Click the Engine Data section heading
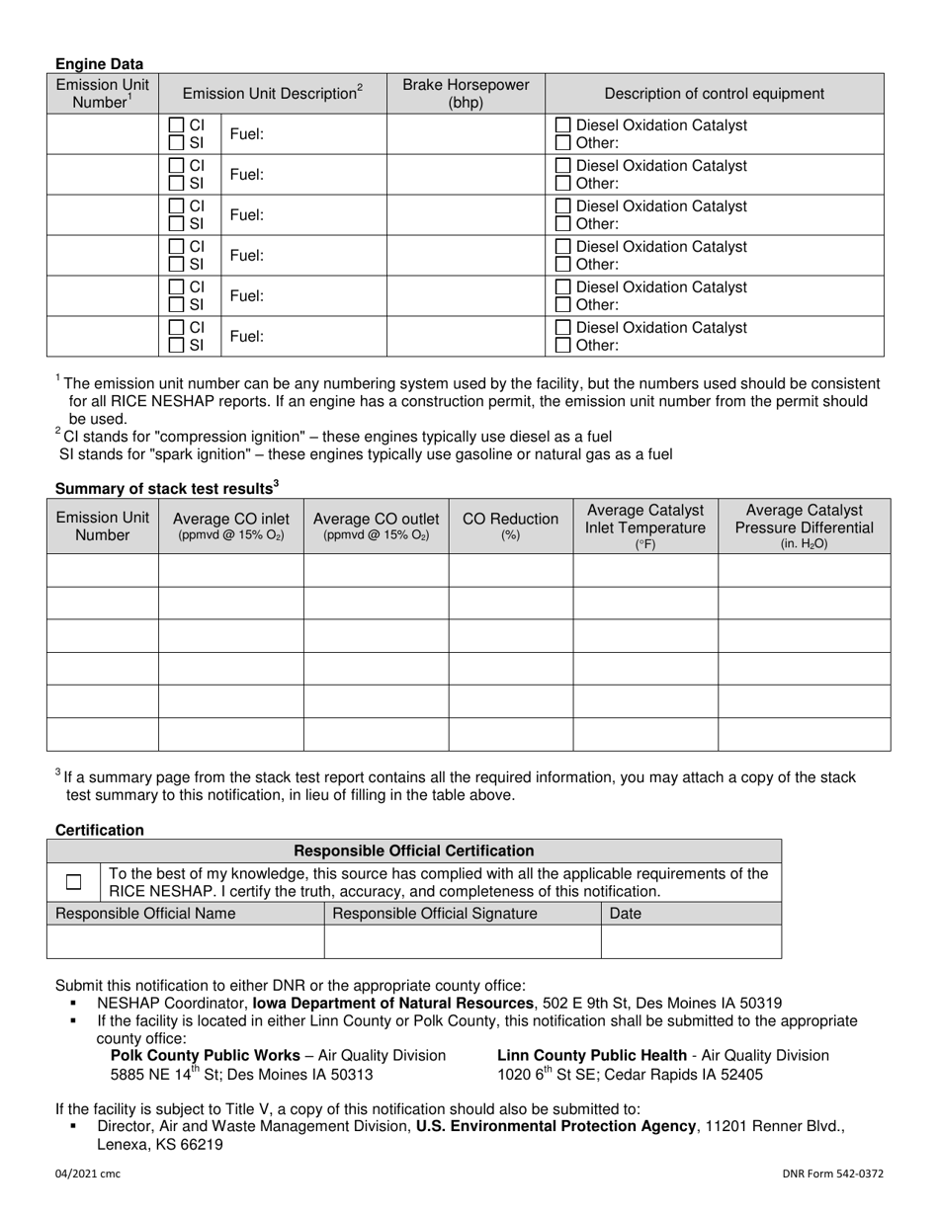pos(99,64)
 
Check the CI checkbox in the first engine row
pos(176,125)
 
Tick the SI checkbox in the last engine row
pos(176,345)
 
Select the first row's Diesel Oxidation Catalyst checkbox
pos(562,125)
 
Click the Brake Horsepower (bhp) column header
pos(466,94)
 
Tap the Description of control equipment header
pos(714,94)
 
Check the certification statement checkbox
pos(74,882)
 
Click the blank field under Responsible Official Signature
pos(462,941)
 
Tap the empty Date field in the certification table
pos(690,941)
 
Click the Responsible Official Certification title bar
pos(414,850)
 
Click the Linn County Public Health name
pos(591,1055)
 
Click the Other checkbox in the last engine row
pos(562,345)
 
